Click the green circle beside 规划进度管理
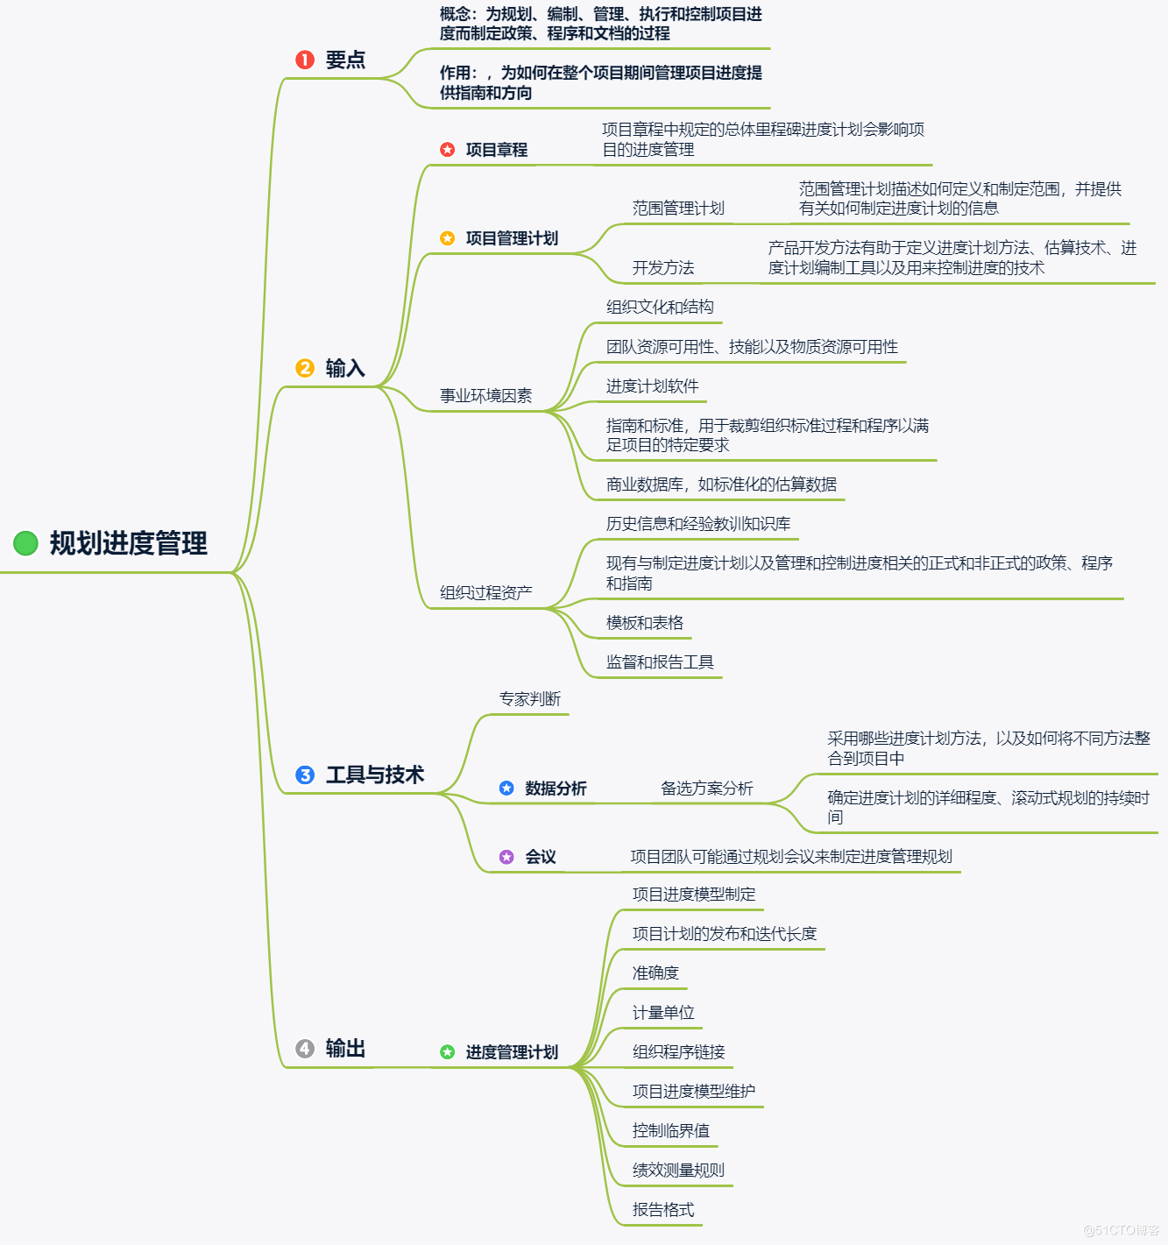tap(25, 543)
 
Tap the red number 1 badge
tap(305, 60)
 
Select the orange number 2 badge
tap(305, 368)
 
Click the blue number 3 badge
tap(305, 775)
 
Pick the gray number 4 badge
tap(305, 1049)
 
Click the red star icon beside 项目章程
tap(448, 150)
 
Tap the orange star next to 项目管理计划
tap(448, 238)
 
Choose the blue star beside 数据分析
tap(506, 789)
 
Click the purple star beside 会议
tap(506, 857)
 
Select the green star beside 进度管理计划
tap(448, 1051)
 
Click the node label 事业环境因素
tap(485, 396)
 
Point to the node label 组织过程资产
tap(485, 593)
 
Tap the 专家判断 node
tap(529, 699)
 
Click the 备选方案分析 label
tap(706, 789)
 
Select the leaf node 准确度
tap(655, 973)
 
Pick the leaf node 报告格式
tap(663, 1210)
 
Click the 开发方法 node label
tap(663, 268)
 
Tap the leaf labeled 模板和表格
tap(644, 623)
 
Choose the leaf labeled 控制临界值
tap(671, 1131)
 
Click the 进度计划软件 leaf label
tap(652, 386)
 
